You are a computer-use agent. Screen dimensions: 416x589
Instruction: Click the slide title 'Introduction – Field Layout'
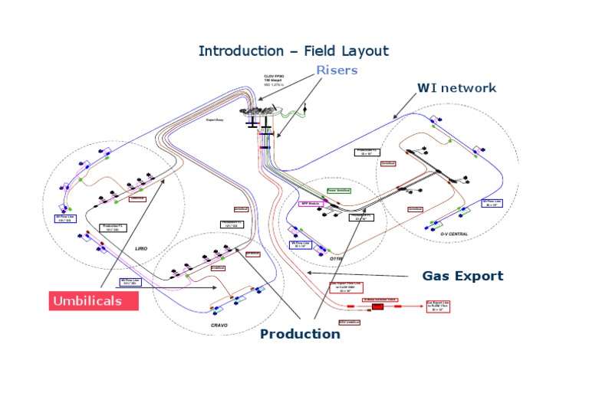294,51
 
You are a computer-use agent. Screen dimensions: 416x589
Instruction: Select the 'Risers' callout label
337,70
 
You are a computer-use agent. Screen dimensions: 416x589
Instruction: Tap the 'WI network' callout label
456,88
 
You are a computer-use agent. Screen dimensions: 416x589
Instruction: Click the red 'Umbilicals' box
94,300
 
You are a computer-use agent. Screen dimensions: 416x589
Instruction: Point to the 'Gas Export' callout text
462,276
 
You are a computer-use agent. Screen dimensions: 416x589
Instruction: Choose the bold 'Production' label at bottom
300,334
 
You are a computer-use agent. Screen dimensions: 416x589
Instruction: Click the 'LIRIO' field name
140,249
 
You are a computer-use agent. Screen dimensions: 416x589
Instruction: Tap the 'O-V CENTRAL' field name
454,234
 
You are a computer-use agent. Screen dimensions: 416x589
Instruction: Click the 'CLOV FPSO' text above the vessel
275,77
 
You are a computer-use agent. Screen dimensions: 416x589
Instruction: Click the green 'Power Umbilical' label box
338,190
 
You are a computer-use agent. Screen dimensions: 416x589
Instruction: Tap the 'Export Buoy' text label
215,120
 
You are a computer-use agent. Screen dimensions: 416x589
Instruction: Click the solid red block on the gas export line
377,306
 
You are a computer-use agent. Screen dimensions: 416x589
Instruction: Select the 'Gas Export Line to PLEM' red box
438,306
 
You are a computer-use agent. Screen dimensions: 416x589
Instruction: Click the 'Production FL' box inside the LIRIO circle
114,228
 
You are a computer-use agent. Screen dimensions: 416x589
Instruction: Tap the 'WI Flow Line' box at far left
65,218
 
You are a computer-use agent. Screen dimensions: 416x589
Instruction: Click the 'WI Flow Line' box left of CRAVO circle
130,282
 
